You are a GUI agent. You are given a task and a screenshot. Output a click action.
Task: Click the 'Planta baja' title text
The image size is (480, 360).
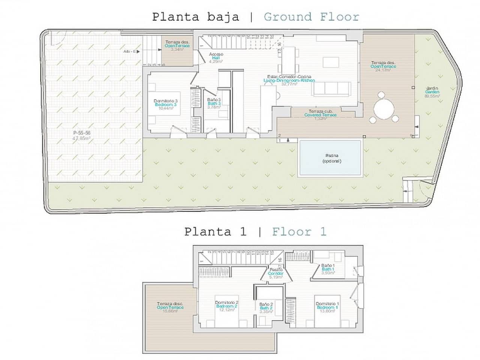click(x=195, y=17)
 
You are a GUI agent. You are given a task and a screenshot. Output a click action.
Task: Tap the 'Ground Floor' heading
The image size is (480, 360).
click(x=311, y=17)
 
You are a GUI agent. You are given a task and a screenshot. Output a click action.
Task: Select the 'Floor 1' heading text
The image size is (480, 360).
click(x=299, y=232)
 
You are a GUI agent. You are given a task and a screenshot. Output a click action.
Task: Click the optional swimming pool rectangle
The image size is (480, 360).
click(x=330, y=158)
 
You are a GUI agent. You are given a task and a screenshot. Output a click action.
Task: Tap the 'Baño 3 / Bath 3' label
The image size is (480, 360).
click(x=214, y=103)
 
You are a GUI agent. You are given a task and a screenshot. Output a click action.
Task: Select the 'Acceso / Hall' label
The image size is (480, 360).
click(x=216, y=58)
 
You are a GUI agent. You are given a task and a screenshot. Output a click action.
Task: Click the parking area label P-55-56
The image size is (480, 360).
click(x=82, y=135)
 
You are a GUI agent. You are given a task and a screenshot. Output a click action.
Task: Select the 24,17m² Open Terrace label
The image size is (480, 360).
click(x=383, y=66)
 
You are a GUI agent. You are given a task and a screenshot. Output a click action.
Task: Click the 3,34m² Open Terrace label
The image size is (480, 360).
click(x=177, y=46)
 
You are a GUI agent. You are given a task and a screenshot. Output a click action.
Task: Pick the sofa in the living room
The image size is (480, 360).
click(x=332, y=88)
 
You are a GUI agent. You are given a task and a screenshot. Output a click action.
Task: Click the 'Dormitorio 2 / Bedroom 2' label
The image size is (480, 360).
click(x=227, y=306)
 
